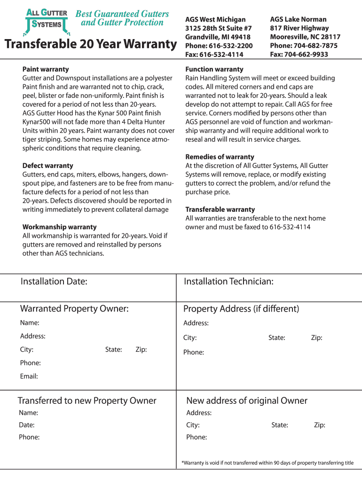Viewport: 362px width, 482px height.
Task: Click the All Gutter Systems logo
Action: pyautogui.click(x=46, y=21)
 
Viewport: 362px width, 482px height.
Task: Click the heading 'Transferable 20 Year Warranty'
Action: pyautogui.click(x=90, y=45)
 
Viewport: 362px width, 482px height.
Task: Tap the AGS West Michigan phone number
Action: pyautogui.click(x=219, y=46)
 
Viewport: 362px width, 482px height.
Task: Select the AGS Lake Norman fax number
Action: pyautogui.click(x=299, y=54)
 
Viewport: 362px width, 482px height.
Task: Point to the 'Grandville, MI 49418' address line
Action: pyautogui.click(x=218, y=37)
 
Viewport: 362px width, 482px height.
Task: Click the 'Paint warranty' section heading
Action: pyautogui.click(x=46, y=69)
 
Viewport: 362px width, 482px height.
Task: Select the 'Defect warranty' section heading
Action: pyautogui.click(x=48, y=166)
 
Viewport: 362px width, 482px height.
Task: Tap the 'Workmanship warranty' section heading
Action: pyautogui.click(x=60, y=227)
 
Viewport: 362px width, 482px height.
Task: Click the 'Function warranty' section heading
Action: pyautogui.click(x=214, y=69)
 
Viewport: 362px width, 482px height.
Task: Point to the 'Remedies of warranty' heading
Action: pyautogui.click(x=220, y=157)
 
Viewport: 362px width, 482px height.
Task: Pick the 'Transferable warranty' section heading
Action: pyautogui.click(x=220, y=209)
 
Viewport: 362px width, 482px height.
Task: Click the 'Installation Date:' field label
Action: pyautogui.click(x=54, y=281)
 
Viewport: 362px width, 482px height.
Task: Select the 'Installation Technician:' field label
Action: pyautogui.click(x=228, y=281)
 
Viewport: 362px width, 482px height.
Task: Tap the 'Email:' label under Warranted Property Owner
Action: pyautogui.click(x=29, y=376)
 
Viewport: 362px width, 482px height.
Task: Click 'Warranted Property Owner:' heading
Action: pyautogui.click(x=74, y=309)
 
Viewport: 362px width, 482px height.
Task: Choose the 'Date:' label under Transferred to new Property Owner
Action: pyautogui.click(x=27, y=425)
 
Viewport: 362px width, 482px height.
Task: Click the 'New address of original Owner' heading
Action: pyautogui.click(x=247, y=401)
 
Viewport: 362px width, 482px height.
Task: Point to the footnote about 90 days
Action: pyautogui.click(x=268, y=463)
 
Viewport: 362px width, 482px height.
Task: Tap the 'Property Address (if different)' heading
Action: pyautogui.click(x=241, y=309)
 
